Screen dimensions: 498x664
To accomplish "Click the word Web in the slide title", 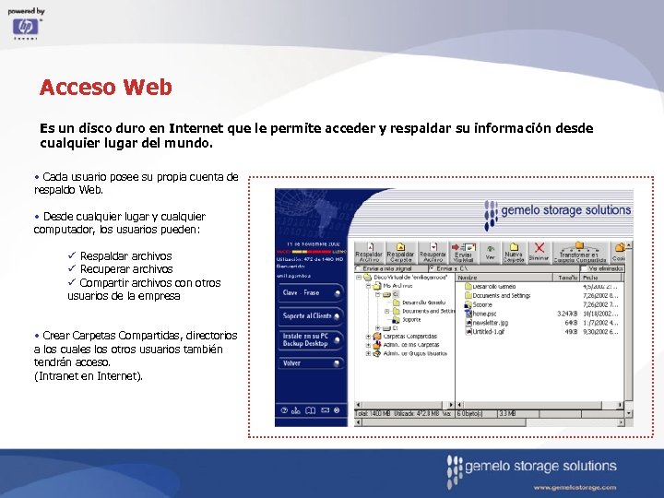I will [x=147, y=88].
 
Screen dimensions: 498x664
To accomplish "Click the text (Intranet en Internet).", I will [x=89, y=375].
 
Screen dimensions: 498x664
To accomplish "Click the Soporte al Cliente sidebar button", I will [x=309, y=316].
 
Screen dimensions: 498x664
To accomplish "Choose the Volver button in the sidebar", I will [x=309, y=363].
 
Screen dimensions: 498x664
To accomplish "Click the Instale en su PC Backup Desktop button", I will [x=309, y=339].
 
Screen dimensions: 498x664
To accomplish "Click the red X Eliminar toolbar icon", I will [x=539, y=251].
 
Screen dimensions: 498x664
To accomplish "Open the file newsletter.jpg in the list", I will [x=494, y=323].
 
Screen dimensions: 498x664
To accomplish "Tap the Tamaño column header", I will [x=566, y=277].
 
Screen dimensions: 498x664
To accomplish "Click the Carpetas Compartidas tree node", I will [x=410, y=337].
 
